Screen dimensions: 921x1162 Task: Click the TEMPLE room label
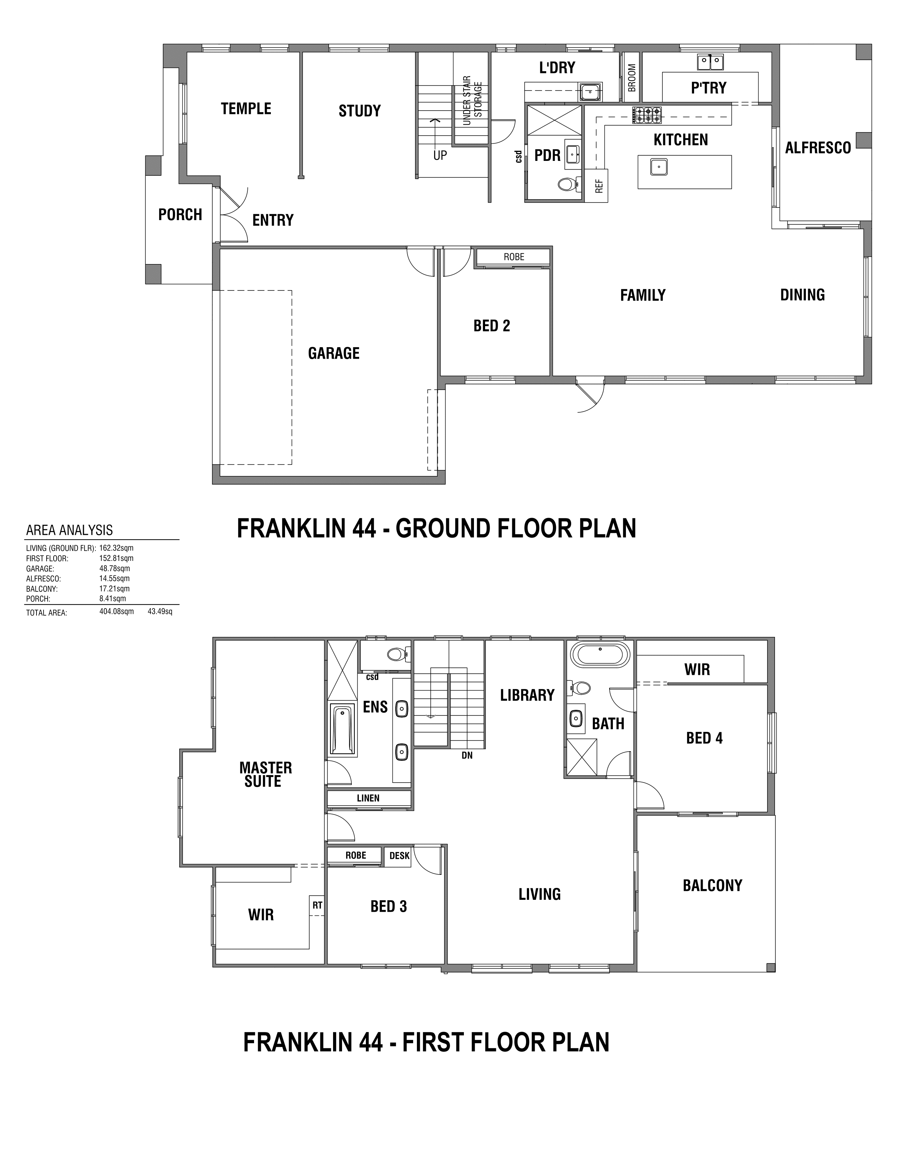click(x=246, y=109)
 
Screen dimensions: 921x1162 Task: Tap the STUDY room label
click(x=360, y=111)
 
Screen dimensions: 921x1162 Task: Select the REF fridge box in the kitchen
click(x=597, y=186)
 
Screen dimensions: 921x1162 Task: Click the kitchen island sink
click(x=658, y=167)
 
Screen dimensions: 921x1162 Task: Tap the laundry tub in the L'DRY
click(x=591, y=92)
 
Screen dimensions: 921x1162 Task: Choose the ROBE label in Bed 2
click(x=514, y=257)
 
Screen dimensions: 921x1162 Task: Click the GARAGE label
click(x=334, y=353)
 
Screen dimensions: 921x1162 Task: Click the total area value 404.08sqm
click(x=117, y=612)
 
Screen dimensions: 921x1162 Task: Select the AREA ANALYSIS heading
click(x=70, y=530)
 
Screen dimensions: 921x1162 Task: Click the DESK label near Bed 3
click(x=399, y=856)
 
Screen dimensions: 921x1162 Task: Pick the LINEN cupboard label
click(x=368, y=798)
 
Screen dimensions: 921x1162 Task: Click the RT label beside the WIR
click(x=317, y=905)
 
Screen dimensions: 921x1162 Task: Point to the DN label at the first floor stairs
click(x=467, y=756)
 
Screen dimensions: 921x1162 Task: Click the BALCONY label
click(x=712, y=886)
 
